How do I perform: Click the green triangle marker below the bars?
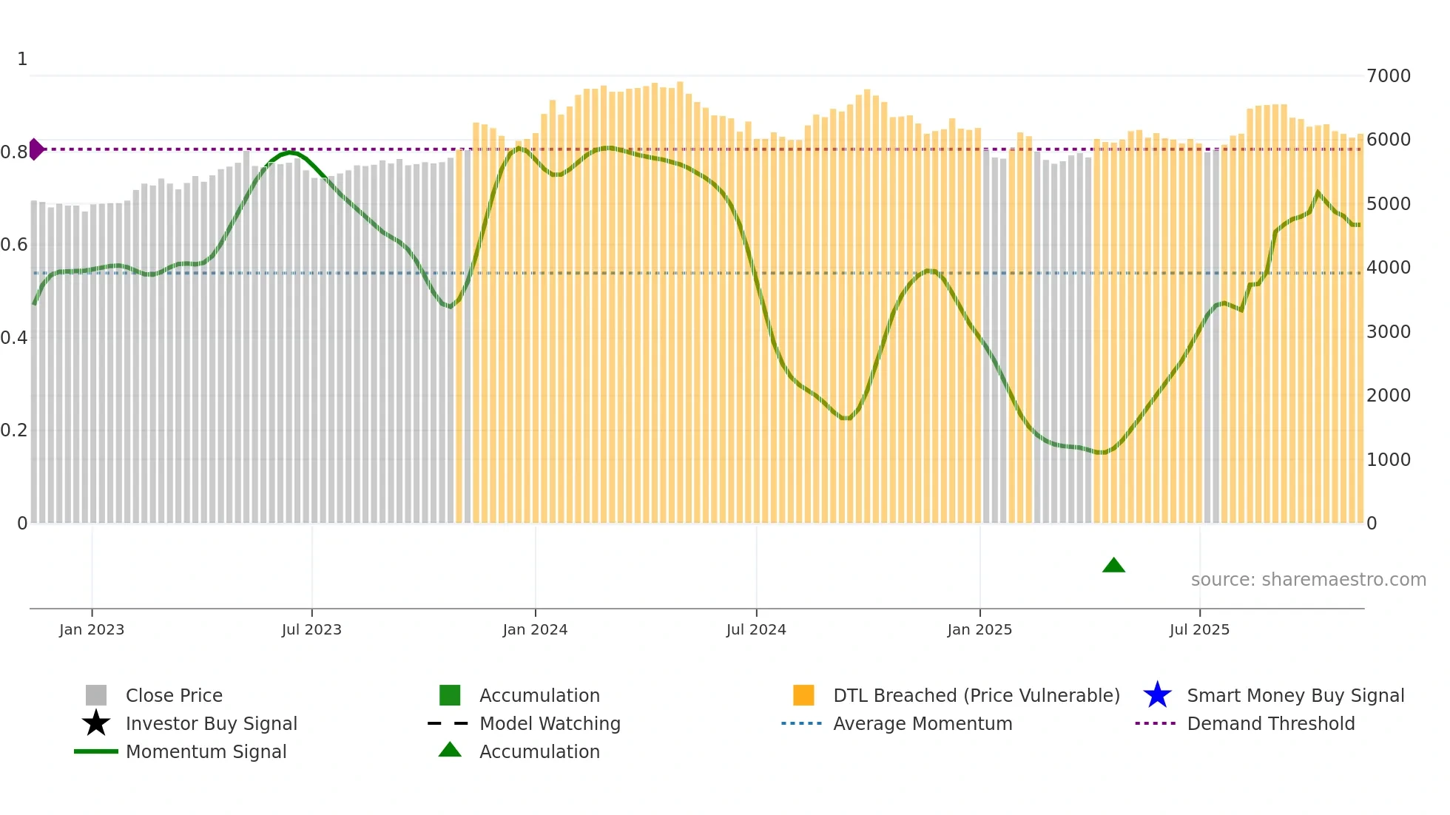point(1113,566)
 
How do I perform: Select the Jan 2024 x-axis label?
point(535,629)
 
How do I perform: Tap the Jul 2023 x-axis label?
point(311,629)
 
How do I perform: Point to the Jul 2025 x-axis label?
point(1199,629)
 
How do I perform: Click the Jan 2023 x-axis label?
point(92,629)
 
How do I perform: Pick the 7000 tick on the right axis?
point(1389,75)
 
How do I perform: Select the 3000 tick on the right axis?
point(1389,331)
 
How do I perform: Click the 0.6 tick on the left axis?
point(13,244)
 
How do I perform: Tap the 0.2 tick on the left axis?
point(13,430)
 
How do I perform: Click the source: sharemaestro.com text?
point(1308,579)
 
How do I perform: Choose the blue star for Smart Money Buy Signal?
point(1157,695)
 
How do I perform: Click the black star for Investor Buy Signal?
point(96,723)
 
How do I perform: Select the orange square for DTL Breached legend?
point(803,695)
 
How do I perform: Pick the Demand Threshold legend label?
point(1270,723)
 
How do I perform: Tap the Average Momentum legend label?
point(923,723)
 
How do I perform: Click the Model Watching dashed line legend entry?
point(448,723)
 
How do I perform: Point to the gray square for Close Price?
point(96,695)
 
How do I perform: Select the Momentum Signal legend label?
point(206,751)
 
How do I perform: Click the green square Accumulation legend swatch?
point(450,695)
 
